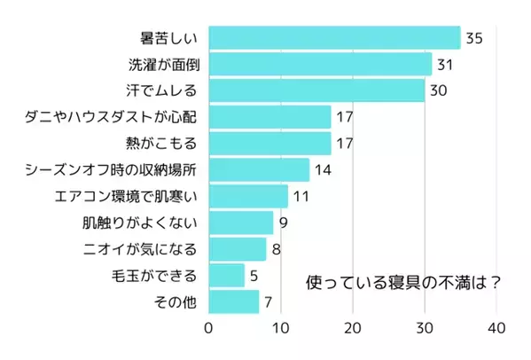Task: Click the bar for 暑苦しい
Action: click(334, 38)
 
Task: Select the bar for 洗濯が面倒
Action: click(320, 65)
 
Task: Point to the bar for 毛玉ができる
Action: click(226, 275)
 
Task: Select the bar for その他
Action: click(233, 301)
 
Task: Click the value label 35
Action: click(473, 39)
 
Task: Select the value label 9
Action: click(283, 223)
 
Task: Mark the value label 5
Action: click(254, 276)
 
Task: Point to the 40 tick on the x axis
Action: click(496, 329)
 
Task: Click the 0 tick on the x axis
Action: click(209, 329)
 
